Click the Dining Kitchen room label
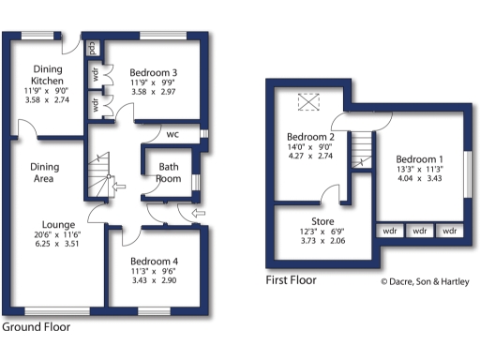48,75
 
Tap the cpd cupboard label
93,46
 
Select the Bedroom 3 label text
155,73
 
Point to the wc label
173,134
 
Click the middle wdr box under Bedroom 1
420,230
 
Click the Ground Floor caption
35,328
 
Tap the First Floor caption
292,279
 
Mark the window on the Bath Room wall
196,182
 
